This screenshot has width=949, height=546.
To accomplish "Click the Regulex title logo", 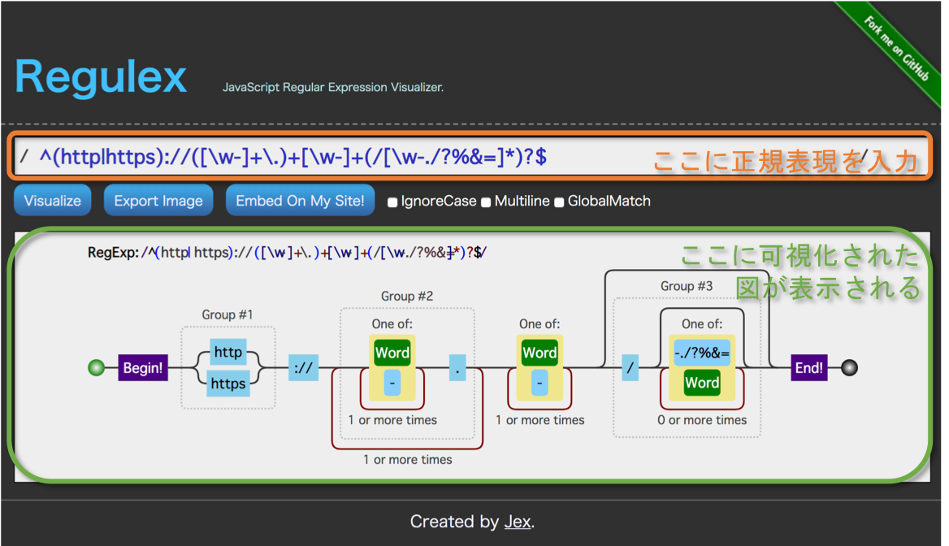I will [101, 78].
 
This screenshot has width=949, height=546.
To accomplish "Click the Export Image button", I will [158, 201].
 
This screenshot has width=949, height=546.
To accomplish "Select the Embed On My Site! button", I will [300, 201].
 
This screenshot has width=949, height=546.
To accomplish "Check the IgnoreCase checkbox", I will [393, 201].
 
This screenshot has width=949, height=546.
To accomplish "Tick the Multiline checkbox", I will [487, 201].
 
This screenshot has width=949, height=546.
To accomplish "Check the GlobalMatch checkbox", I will [559, 201].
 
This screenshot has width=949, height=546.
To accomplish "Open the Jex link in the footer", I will [517, 522].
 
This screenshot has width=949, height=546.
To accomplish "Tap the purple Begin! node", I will [142, 368].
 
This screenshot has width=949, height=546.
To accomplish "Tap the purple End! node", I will [808, 368].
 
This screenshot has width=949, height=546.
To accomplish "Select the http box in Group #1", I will [227, 352].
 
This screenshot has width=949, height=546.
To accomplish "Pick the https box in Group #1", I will [227, 383].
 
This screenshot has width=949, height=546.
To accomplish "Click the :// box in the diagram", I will [303, 368].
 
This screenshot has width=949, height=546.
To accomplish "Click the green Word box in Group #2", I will [392, 353].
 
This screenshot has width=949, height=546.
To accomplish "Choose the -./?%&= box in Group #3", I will [702, 353].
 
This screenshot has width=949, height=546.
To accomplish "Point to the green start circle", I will [97, 368].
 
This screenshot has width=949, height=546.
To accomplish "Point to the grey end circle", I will [849, 368].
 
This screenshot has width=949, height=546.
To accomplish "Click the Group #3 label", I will [687, 286].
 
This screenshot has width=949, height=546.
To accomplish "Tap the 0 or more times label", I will [702, 420].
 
